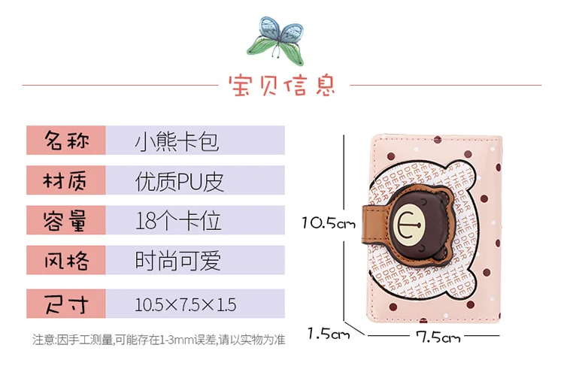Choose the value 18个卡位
point(178,221)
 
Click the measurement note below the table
point(158,340)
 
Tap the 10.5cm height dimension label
point(328,222)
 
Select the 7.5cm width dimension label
point(438,337)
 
